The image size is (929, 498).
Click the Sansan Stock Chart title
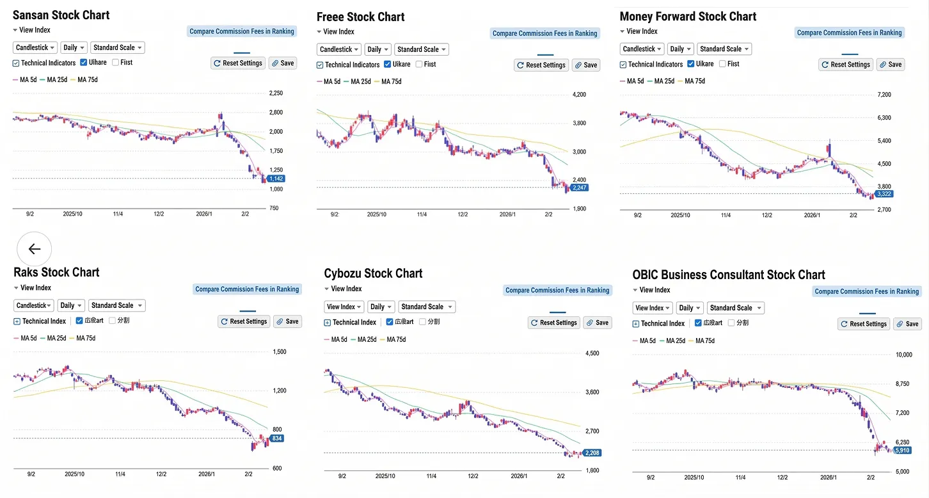61,15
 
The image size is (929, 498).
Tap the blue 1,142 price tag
276,179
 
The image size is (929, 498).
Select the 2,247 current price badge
580,188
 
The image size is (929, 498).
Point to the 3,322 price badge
884,194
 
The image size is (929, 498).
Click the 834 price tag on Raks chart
276,438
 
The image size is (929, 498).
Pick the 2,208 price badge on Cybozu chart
592,453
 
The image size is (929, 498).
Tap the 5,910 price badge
902,451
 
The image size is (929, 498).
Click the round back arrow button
34,249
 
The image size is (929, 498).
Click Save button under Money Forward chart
890,65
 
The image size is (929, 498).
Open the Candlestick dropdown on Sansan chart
35,47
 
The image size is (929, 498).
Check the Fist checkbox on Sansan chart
116,63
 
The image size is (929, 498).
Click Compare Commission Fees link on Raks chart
247,289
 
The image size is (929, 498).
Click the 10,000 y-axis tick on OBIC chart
903,355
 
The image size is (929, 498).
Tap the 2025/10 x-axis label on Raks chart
75,474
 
